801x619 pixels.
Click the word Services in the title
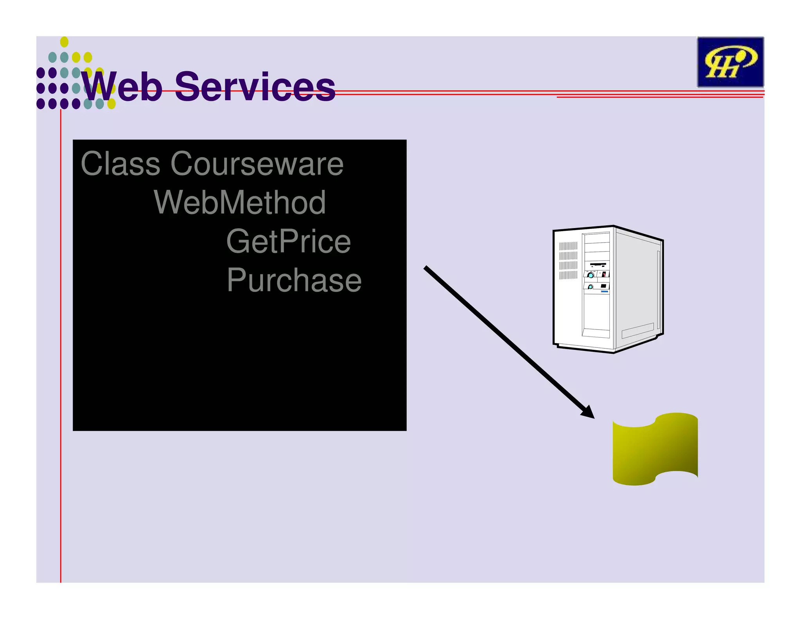click(x=255, y=87)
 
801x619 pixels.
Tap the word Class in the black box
click(x=120, y=164)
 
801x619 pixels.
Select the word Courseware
click(x=257, y=164)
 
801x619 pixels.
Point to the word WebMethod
click(x=240, y=203)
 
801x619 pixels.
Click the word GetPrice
click(x=288, y=242)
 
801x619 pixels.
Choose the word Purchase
click(x=294, y=281)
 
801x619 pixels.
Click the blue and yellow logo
click(x=730, y=62)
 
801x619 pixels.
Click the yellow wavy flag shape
click(x=655, y=449)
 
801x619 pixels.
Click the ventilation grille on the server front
click(x=568, y=261)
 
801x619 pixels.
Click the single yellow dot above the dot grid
click(x=65, y=42)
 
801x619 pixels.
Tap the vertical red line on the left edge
click(x=61, y=352)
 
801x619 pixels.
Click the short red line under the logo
click(x=659, y=97)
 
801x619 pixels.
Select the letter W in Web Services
click(x=98, y=87)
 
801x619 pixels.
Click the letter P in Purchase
click(x=237, y=281)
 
